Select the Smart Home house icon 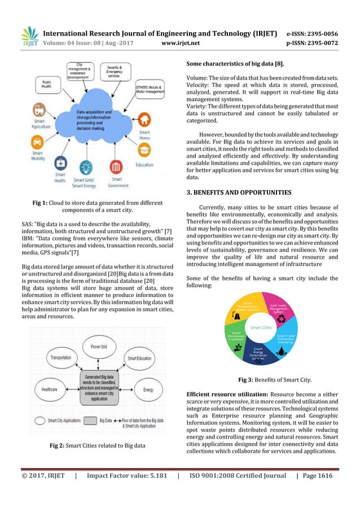144,121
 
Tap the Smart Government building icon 117,167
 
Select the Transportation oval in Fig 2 61,358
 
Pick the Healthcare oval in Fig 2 50,389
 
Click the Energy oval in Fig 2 148,389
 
